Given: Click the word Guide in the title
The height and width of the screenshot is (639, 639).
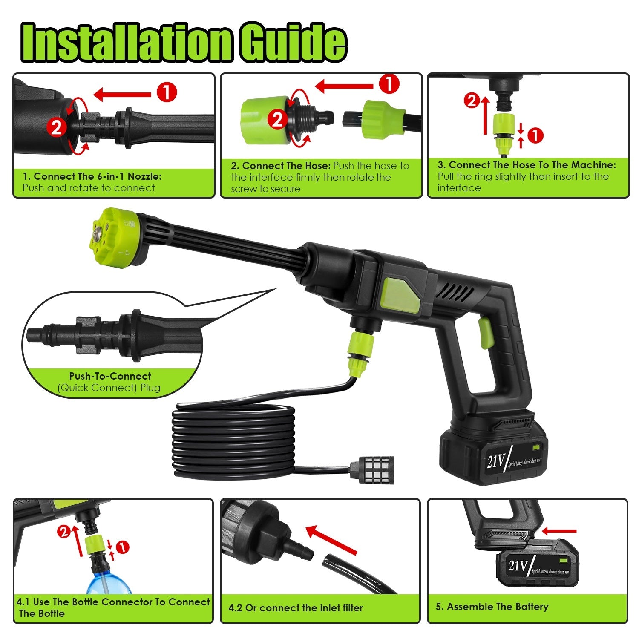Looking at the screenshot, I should pyautogui.click(x=292, y=42).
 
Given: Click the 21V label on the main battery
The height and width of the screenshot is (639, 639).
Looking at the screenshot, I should pyautogui.click(x=495, y=461).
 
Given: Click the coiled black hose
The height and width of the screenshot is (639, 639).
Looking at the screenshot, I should pyautogui.click(x=232, y=439).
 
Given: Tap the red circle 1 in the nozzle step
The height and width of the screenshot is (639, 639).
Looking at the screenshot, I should pyautogui.click(x=167, y=92).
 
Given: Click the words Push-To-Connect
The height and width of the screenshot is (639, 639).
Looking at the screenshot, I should pyautogui.click(x=110, y=376).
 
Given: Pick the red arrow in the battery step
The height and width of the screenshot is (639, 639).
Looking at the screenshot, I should pyautogui.click(x=559, y=531).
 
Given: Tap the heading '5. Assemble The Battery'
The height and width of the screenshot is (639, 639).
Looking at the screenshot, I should pyautogui.click(x=492, y=607).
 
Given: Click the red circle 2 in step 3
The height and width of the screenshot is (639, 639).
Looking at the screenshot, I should pyautogui.click(x=472, y=101).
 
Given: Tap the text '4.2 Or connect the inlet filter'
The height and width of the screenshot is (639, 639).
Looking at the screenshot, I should pyautogui.click(x=296, y=608).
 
